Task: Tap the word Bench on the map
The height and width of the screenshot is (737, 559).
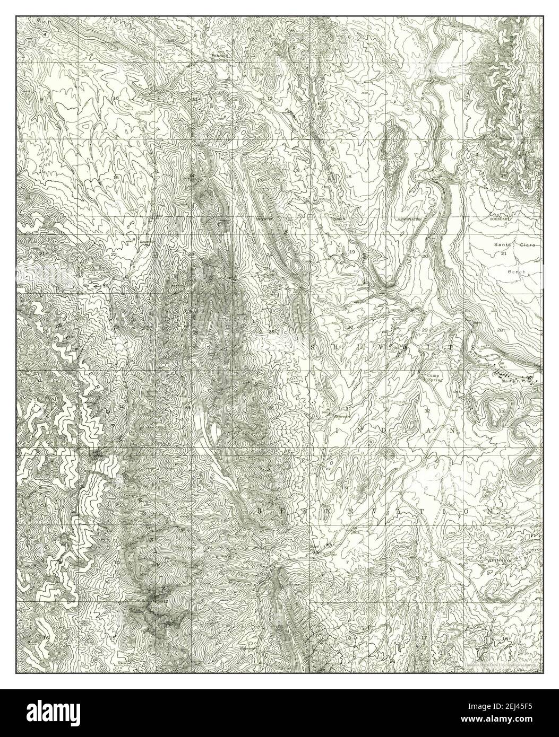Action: coord(515,271)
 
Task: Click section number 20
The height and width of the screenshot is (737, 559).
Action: coord(424,256)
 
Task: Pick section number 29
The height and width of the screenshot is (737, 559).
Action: coord(424,330)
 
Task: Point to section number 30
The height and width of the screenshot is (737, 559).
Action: coord(350,328)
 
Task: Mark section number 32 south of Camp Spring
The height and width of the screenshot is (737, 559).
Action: coord(427,411)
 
